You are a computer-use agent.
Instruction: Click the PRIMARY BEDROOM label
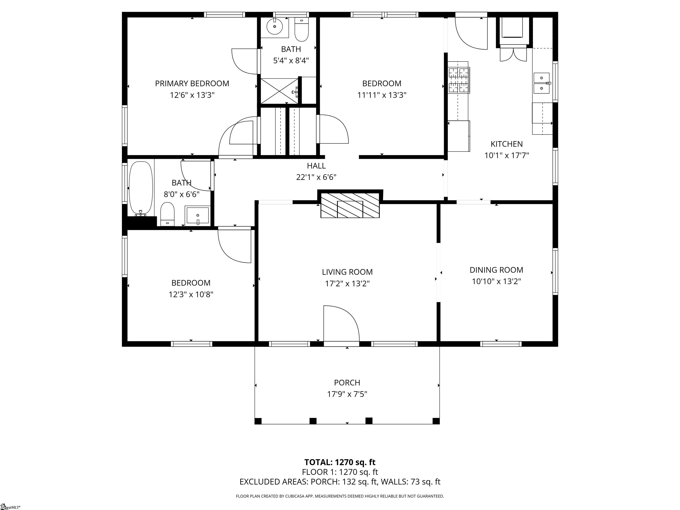[192, 84]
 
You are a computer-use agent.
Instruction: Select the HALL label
[316, 166]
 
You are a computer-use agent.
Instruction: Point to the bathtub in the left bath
[141, 188]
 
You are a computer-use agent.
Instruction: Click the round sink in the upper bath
[274, 27]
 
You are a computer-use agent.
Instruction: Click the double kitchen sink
[542, 83]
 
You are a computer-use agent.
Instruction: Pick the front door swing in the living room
[341, 323]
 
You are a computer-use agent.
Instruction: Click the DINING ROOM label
[496, 270]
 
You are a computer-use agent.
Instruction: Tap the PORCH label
[347, 383]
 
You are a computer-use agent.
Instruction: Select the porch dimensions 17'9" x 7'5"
[347, 394]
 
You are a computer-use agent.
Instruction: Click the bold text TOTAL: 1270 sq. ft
[340, 462]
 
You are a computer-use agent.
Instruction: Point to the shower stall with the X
[279, 91]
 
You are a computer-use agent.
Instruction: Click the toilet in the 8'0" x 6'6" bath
[167, 214]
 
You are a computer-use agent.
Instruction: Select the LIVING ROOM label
[347, 272]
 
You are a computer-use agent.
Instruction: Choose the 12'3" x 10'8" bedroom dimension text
[191, 294]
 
